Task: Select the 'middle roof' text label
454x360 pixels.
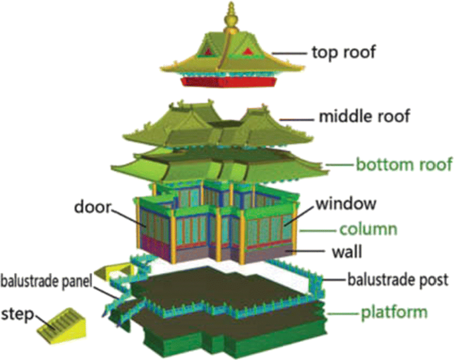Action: point(361,117)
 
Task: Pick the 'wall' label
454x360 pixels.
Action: point(352,253)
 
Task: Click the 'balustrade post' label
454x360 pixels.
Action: point(396,279)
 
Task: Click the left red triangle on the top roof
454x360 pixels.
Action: point(208,51)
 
